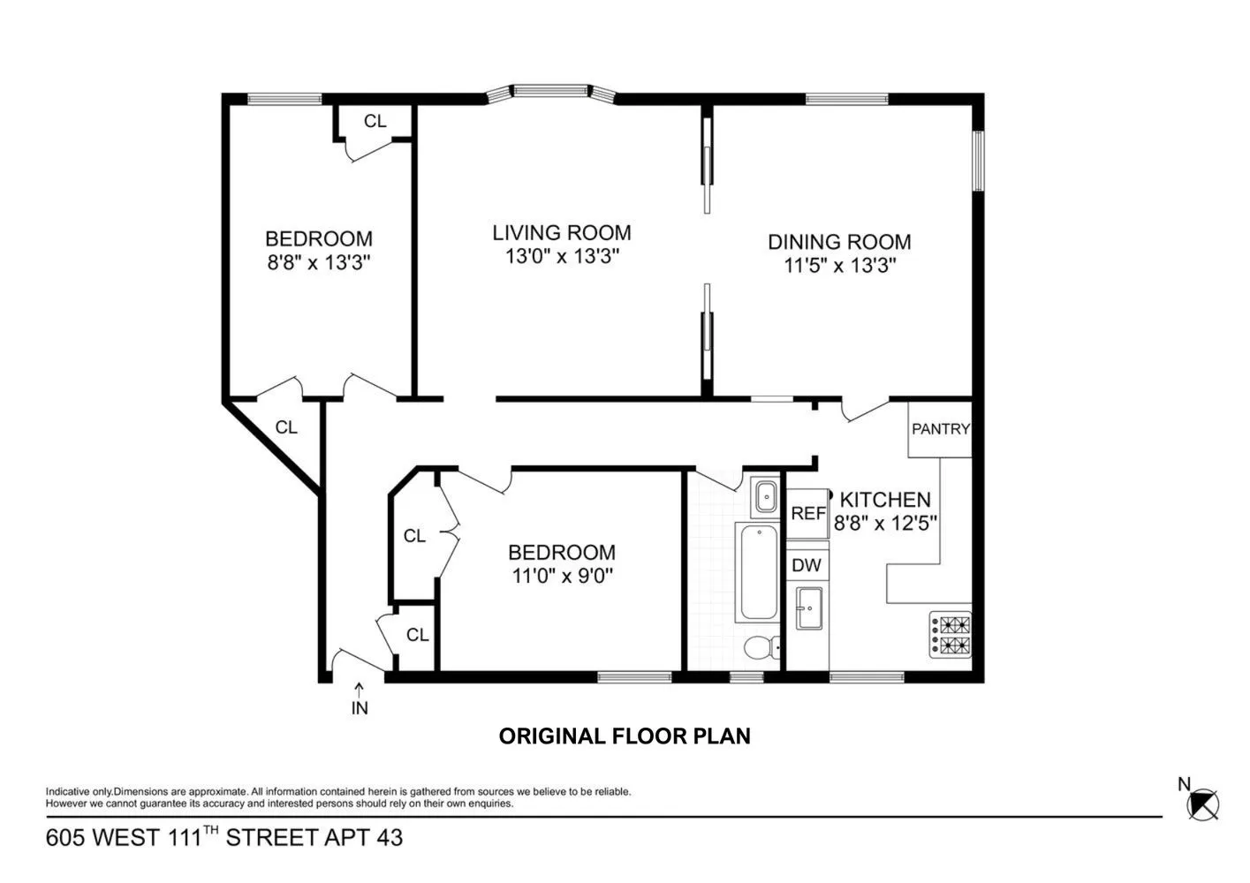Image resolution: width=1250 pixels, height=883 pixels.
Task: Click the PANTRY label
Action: click(940, 429)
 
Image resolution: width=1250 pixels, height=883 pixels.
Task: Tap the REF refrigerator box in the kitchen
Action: click(807, 513)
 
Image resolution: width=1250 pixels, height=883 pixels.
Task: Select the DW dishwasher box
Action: click(806, 565)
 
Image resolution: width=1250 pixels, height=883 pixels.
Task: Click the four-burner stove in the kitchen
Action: click(950, 636)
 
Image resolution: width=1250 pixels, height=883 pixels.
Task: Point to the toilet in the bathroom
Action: click(760, 649)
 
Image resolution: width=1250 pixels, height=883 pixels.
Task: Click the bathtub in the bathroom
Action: click(758, 572)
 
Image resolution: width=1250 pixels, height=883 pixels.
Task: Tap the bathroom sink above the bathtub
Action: click(764, 497)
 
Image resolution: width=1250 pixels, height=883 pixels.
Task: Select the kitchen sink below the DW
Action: click(808, 608)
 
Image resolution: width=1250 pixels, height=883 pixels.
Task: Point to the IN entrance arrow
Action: click(360, 698)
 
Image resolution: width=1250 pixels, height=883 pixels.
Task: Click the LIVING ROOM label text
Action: click(562, 233)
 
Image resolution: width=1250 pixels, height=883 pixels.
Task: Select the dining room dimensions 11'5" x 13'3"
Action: click(840, 266)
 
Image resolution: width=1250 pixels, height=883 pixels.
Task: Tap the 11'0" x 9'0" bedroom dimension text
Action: click(561, 577)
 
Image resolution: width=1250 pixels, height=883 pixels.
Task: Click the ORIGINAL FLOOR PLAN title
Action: click(625, 736)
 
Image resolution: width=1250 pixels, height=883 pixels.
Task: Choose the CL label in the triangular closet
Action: click(286, 427)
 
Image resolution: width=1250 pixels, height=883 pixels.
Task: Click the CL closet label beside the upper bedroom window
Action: click(375, 121)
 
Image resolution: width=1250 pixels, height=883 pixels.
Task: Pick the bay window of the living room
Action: click(552, 91)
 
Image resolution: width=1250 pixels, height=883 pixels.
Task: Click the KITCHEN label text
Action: click(885, 500)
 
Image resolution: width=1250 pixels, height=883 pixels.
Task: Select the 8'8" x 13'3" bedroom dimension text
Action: click(319, 262)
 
